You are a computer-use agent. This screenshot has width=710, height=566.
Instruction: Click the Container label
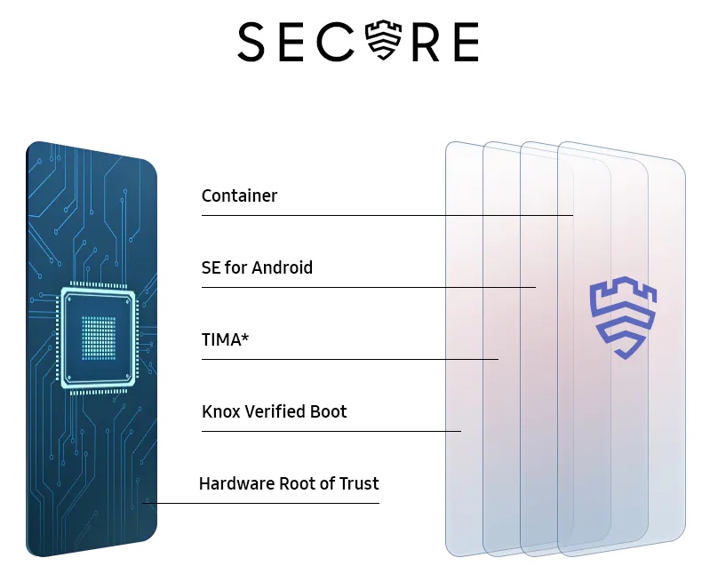click(x=239, y=196)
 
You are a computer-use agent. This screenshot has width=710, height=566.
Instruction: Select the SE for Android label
click(x=257, y=267)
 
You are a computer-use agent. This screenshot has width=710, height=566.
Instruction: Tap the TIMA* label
click(x=225, y=339)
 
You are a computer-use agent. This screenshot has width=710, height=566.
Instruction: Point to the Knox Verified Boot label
click(x=274, y=411)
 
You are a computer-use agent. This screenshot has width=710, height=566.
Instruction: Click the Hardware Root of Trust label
click(x=289, y=483)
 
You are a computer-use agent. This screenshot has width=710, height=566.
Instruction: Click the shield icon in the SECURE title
click(x=384, y=40)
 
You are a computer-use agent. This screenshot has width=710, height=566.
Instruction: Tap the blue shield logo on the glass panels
click(x=623, y=317)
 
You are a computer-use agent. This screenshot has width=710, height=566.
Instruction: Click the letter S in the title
click(x=251, y=42)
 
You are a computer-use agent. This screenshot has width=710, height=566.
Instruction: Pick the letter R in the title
click(x=425, y=42)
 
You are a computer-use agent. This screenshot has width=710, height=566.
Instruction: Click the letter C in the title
click(x=336, y=42)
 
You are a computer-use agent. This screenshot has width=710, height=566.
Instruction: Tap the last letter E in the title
click(x=467, y=42)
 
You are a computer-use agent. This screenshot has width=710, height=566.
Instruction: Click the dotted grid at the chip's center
click(x=99, y=339)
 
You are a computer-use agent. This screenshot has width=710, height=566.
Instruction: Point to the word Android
click(x=282, y=267)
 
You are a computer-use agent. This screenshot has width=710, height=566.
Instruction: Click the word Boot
click(x=328, y=411)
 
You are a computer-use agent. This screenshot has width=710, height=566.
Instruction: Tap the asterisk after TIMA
click(x=245, y=337)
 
